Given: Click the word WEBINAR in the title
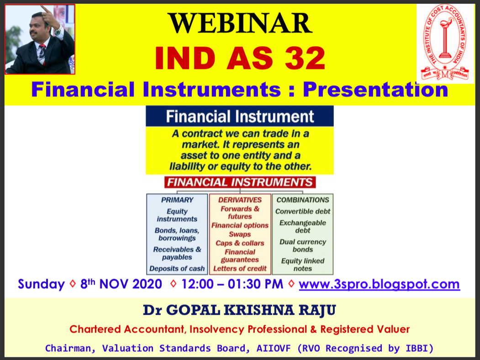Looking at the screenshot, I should pos(240,23).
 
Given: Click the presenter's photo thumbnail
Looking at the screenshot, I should pos(40,39).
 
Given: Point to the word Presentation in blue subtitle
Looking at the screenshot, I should pos(375,89).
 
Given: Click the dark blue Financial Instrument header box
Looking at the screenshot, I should pos(240,116).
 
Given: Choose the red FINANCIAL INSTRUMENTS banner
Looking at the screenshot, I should pos(240,182).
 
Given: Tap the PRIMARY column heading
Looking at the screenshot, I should pos(177,200).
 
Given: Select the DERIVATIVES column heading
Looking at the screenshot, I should pos(240,200).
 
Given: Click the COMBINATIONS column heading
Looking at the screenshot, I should pos(303,200).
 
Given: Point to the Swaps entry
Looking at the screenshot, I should pos(240,234).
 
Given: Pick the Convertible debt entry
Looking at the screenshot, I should pos(303,211).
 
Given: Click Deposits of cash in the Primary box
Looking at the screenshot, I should pos(177,269).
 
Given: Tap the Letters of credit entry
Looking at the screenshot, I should pos(240,269).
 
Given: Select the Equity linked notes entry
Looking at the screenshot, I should pos(303,265).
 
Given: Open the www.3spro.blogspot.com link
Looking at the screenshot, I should pos(379,284).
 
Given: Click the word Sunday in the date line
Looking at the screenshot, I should pos(41,284).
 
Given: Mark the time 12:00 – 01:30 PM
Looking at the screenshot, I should pos(232,284).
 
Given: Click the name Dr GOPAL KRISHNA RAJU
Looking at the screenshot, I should pos(240,311).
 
